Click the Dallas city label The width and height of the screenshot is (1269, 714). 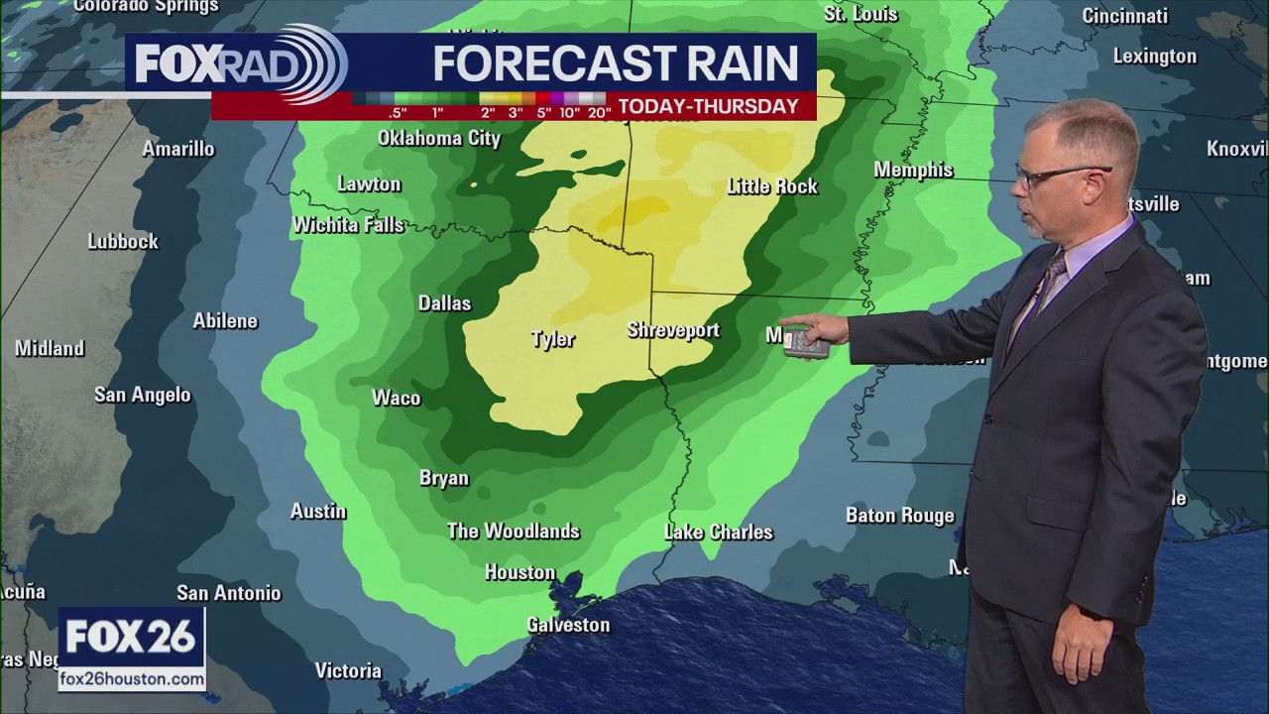pyautogui.click(x=444, y=303)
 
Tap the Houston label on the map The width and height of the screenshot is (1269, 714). pyautogui.click(x=519, y=573)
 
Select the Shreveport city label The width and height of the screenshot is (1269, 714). pyautogui.click(x=673, y=330)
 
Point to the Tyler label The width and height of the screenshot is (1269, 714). pyautogui.click(x=552, y=339)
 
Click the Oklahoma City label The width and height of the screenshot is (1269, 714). pyautogui.click(x=439, y=138)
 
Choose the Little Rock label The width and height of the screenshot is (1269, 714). pyautogui.click(x=772, y=186)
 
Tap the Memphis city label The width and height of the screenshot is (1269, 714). pyautogui.click(x=913, y=171)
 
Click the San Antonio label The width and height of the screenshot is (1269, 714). pyautogui.click(x=229, y=593)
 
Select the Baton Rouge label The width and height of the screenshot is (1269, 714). pyautogui.click(x=899, y=516)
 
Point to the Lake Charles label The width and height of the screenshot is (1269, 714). pyautogui.click(x=718, y=533)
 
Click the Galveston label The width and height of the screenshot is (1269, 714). pyautogui.click(x=568, y=625)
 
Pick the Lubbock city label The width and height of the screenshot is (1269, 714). pyautogui.click(x=123, y=242)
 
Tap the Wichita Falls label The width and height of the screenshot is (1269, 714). pyautogui.click(x=348, y=226)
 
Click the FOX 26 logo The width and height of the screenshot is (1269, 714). pyautogui.click(x=131, y=638)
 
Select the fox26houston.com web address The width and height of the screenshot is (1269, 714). pyautogui.click(x=132, y=679)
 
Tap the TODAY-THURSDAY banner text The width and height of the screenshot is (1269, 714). pyautogui.click(x=708, y=107)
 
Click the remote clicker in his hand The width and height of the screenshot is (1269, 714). pyautogui.click(x=805, y=344)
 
